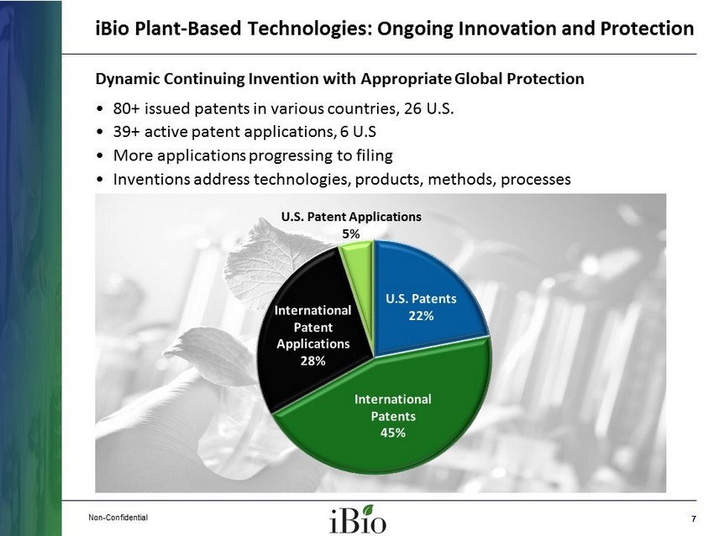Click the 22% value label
(421, 316)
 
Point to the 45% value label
(393, 432)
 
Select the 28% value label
(312, 360)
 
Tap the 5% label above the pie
(351, 234)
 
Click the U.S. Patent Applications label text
(351, 217)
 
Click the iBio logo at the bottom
(358, 519)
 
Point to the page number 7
(694, 518)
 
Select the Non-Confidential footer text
(118, 518)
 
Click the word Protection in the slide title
(647, 29)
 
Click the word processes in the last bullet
(536, 180)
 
